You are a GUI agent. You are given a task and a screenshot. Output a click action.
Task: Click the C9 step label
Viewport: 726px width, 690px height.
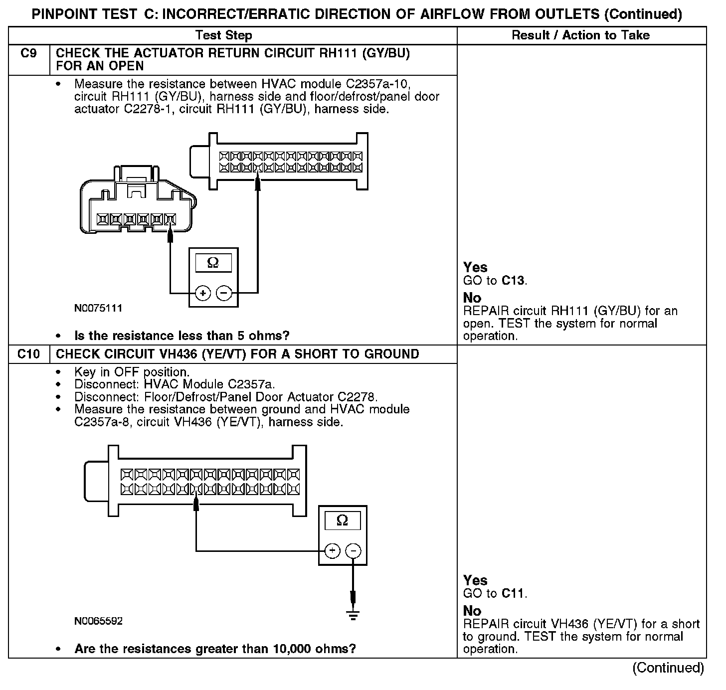click(29, 54)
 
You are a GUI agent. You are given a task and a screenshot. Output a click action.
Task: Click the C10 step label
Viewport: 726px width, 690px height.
click(29, 354)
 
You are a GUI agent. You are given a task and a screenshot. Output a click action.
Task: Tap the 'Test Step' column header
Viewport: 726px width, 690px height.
click(224, 35)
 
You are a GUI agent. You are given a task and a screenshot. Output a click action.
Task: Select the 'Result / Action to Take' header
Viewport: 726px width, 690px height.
click(581, 35)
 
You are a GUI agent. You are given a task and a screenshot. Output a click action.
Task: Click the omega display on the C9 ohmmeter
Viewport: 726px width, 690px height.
click(213, 263)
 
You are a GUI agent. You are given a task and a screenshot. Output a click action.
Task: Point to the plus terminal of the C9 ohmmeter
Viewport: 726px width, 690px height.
click(203, 293)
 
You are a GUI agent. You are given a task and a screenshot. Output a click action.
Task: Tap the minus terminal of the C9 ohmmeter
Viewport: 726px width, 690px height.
click(225, 293)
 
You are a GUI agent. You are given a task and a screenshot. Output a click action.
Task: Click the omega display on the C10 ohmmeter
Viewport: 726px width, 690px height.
click(343, 521)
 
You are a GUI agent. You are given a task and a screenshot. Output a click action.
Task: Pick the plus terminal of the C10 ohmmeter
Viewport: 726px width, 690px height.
click(332, 551)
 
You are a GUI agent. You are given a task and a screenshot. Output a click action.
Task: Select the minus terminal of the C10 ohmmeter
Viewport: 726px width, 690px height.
click(353, 551)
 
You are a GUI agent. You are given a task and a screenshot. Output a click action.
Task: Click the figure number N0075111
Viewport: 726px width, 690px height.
click(98, 309)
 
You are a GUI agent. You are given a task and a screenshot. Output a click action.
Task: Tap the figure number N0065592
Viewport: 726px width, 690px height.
click(98, 622)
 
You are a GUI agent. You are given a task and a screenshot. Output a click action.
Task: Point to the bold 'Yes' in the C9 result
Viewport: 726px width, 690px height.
click(475, 268)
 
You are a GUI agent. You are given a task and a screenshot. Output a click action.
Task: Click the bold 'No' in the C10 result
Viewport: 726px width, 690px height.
click(472, 611)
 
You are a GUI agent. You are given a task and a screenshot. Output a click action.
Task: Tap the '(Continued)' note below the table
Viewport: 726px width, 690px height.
click(668, 668)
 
